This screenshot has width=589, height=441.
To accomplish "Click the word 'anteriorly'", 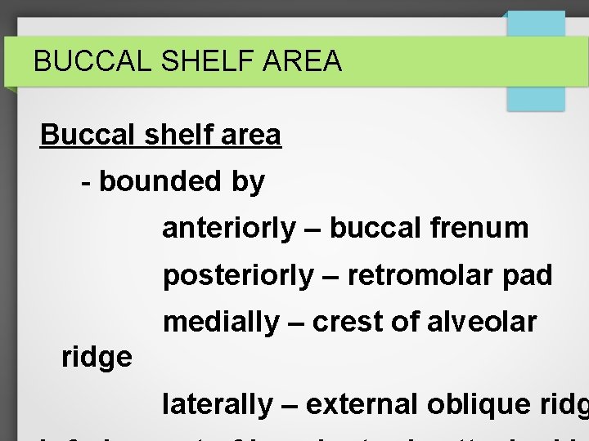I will pyautogui.click(x=229, y=229).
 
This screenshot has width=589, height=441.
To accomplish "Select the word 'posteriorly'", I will pyautogui.click(x=237, y=276).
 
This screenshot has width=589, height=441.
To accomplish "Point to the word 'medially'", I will pyautogui.click(x=221, y=323).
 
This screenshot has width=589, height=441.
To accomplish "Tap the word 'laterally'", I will pyautogui.click(x=218, y=404).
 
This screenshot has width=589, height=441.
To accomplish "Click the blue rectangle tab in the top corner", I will pyautogui.click(x=536, y=61).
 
